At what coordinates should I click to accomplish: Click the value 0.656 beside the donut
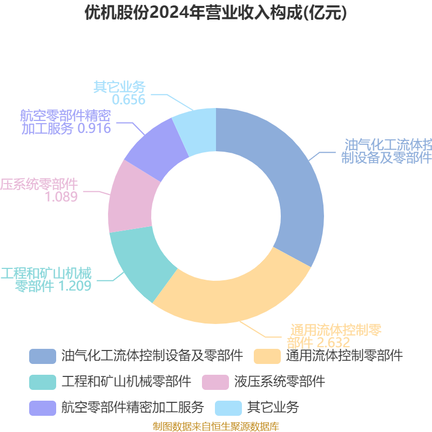tap(129, 100)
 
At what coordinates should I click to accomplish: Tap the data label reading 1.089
tap(61, 197)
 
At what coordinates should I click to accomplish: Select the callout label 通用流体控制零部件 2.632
tap(335, 336)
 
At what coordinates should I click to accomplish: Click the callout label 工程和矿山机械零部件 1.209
tap(46, 279)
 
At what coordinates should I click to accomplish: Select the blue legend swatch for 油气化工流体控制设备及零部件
tap(43, 356)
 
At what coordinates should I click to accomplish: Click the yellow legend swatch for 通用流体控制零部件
tap(267, 356)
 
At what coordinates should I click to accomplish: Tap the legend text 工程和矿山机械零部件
tap(126, 382)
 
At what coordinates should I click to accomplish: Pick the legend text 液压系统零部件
tap(280, 382)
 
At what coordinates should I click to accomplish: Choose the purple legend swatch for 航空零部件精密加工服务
tap(43, 407)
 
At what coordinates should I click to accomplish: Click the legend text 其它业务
tap(273, 407)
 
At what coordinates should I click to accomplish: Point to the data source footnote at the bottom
tap(216, 427)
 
